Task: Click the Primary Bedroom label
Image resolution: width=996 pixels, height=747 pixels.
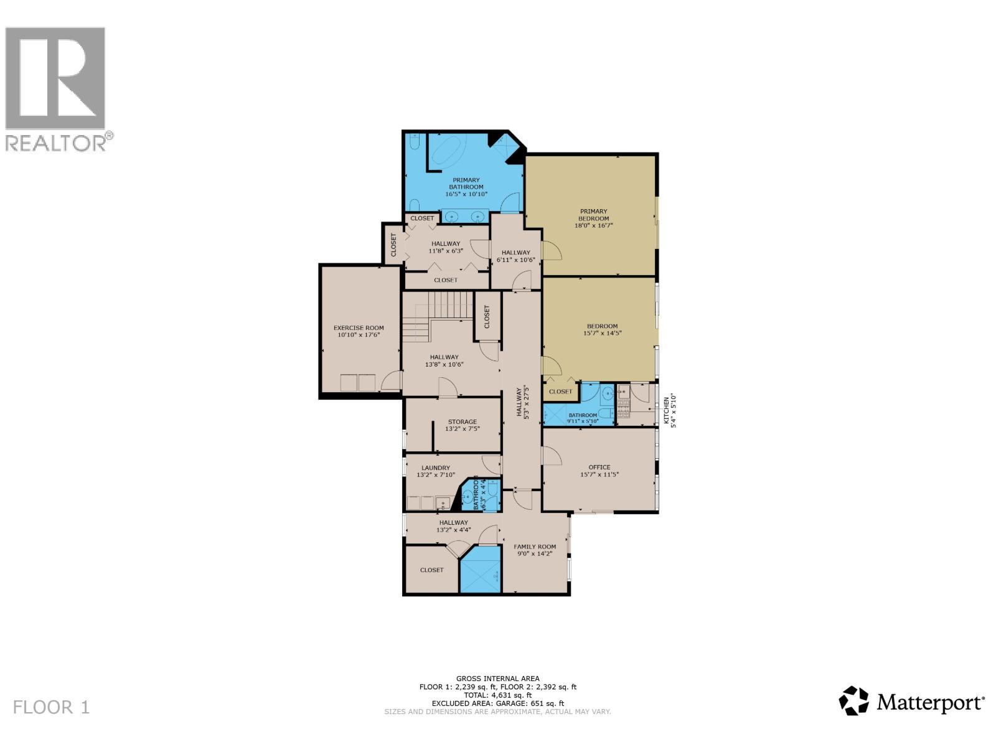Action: [593, 215]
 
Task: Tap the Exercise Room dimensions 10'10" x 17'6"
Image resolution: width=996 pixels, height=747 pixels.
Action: [359, 335]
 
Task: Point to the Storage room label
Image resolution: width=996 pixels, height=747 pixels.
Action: [462, 421]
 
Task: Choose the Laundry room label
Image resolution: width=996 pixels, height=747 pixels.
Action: [435, 467]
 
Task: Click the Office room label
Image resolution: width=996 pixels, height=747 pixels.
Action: [599, 467]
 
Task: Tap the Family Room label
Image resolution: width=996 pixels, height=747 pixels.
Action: [535, 547]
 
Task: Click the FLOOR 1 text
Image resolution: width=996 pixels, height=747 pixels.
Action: [52, 707]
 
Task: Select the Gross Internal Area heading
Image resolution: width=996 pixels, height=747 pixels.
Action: [497, 679]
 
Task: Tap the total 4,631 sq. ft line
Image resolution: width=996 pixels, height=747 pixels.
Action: [497, 695]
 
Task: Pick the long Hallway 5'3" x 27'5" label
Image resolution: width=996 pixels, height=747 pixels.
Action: [522, 403]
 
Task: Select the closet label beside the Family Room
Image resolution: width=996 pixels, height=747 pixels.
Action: [431, 570]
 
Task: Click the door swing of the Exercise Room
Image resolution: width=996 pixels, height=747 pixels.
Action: [392, 381]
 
